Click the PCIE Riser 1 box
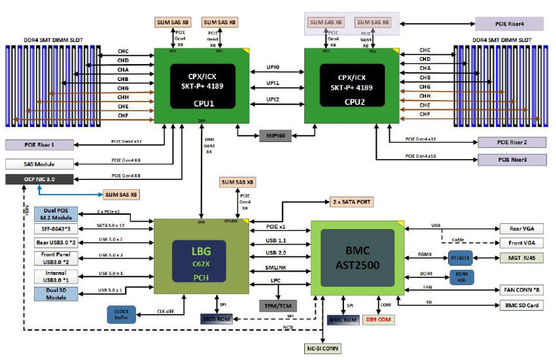[39, 145]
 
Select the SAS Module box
[39, 163]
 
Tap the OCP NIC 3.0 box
[39, 179]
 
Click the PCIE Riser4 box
[509, 24]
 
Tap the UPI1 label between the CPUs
[273, 83]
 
